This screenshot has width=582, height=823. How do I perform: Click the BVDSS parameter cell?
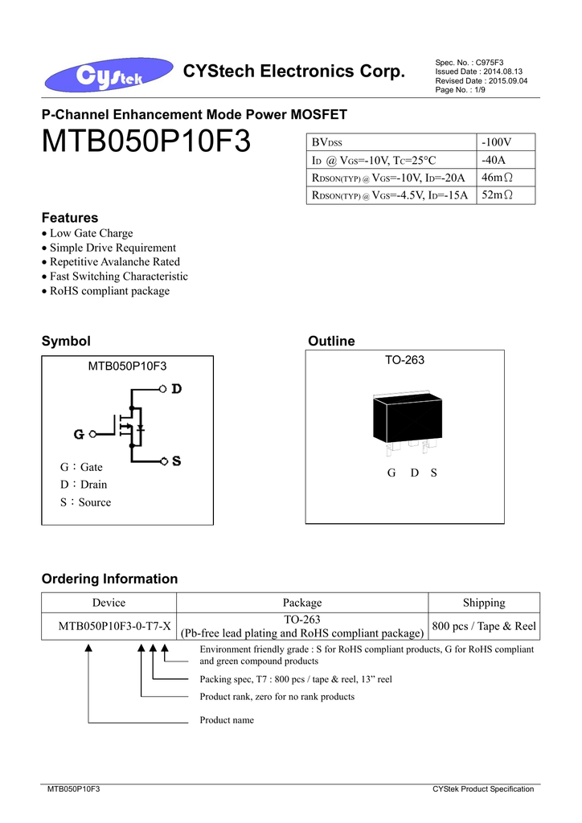(327, 143)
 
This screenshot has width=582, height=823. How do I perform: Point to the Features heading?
(70, 218)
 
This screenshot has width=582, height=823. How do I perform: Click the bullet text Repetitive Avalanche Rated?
(115, 262)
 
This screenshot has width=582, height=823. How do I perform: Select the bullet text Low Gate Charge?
(91, 233)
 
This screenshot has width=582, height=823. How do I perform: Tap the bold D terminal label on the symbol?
(176, 389)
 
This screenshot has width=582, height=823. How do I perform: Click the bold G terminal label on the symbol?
(80, 435)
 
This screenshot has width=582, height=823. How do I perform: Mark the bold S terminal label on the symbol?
(176, 461)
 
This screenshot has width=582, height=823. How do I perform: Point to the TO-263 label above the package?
(404, 361)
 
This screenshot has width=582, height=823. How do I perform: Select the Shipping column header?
(484, 603)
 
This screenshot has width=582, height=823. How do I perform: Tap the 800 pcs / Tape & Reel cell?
(484, 626)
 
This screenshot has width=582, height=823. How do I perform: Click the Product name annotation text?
(227, 720)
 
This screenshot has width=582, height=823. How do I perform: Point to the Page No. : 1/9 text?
(460, 90)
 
